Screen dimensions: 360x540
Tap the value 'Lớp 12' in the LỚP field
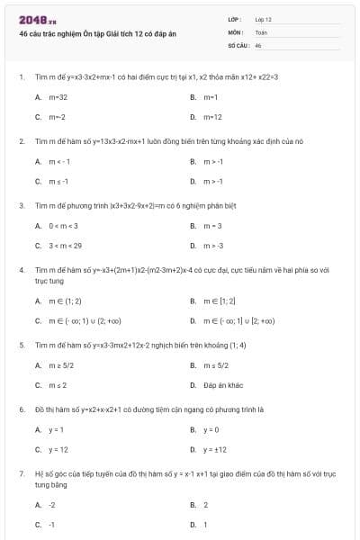pos(263,18)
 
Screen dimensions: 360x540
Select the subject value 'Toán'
pos(261,31)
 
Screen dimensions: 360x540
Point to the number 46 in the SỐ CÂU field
pos(258,44)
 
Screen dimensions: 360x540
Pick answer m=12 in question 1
pos(212,117)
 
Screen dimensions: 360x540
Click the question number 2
pos(21,141)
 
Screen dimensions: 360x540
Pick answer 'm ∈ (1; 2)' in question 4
pos(65,301)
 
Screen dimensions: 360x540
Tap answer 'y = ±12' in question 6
pos(215,449)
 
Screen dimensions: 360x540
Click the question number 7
pos(21,472)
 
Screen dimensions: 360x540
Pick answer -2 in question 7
pos(52,505)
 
